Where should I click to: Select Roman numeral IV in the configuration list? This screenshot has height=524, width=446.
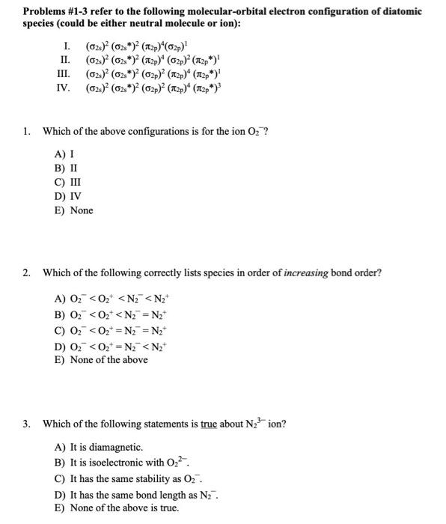[x=65, y=88]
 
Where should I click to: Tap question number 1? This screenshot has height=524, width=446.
[x=26, y=132]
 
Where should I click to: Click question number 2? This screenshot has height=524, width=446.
[x=26, y=272]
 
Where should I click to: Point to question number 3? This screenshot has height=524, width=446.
[x=26, y=424]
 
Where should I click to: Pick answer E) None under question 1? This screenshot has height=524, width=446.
[x=74, y=210]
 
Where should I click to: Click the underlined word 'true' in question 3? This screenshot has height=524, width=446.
[x=209, y=424]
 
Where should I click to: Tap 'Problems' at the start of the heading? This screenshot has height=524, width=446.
[x=44, y=12]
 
